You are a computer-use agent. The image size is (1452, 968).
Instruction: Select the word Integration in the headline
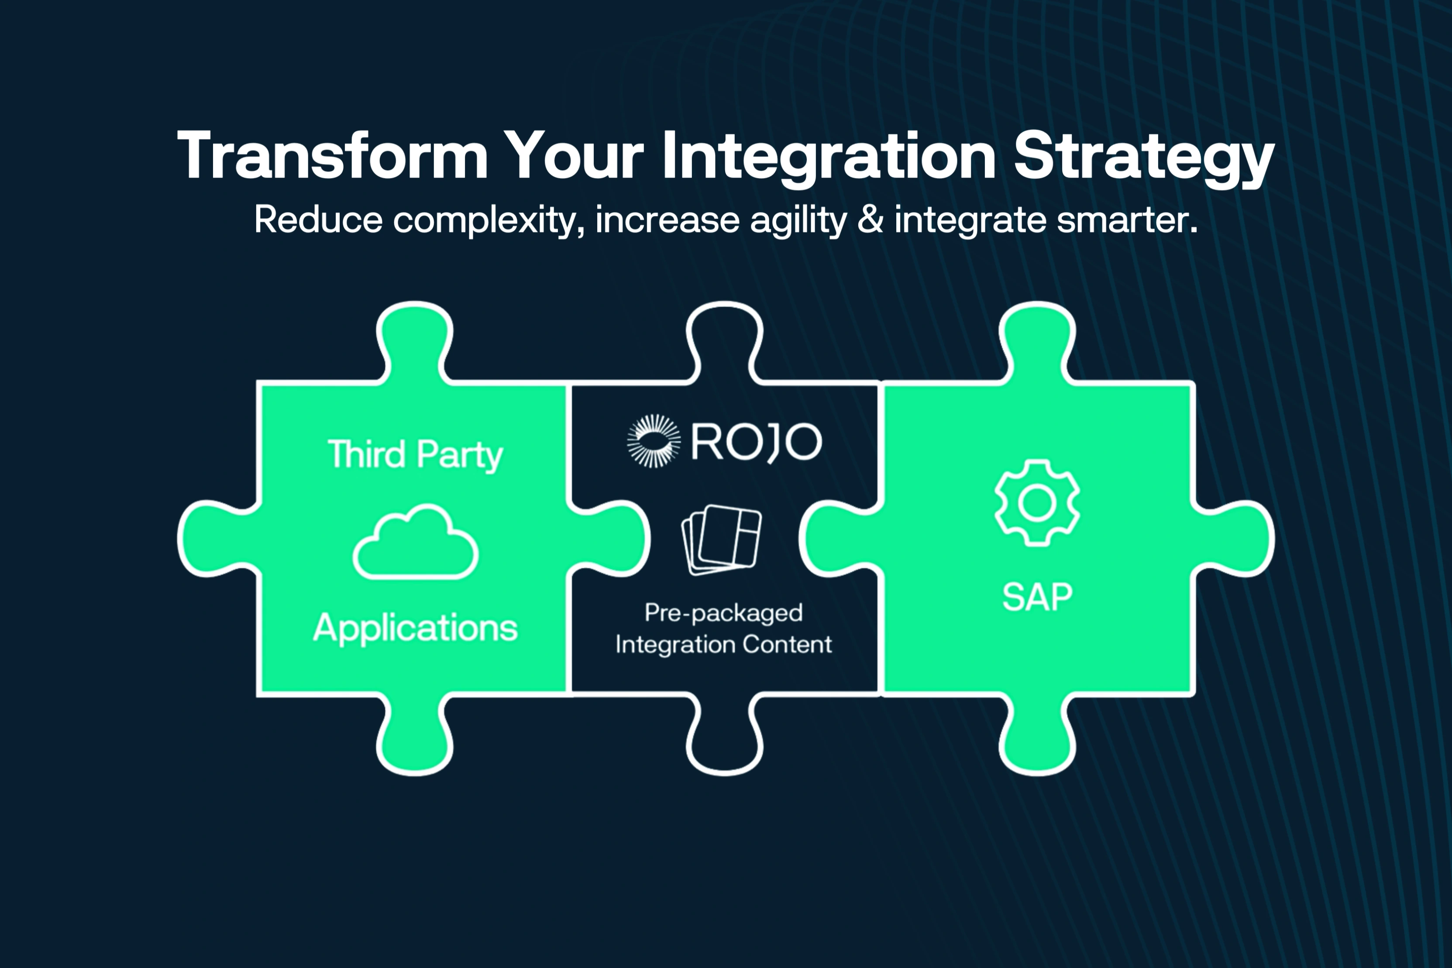828,157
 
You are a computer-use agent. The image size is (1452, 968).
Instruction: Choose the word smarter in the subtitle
1127,220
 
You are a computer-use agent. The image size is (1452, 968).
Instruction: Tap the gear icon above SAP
1037,502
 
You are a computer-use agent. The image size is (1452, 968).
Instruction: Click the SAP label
1037,597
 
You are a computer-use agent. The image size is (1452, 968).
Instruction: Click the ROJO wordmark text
756,442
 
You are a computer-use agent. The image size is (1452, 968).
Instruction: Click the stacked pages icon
722,539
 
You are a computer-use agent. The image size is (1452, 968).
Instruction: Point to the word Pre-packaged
723,613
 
